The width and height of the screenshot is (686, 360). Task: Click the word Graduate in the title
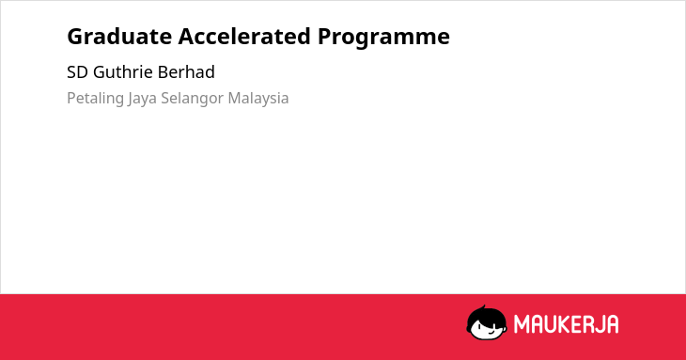coord(119,37)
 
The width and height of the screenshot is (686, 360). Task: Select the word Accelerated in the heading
coord(244,37)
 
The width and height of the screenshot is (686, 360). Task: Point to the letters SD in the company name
coord(77,72)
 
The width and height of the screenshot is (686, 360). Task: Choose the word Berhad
coord(186,71)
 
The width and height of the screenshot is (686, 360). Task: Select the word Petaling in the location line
coord(95,99)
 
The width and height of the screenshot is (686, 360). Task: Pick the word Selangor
coord(192,99)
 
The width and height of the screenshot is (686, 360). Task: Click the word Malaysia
coord(258,99)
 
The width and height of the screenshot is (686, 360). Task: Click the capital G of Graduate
coord(75,37)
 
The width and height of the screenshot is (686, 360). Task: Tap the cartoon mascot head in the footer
coord(487,322)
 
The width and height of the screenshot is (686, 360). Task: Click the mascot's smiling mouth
coord(491,333)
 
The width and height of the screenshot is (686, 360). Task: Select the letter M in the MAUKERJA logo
coord(522,324)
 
